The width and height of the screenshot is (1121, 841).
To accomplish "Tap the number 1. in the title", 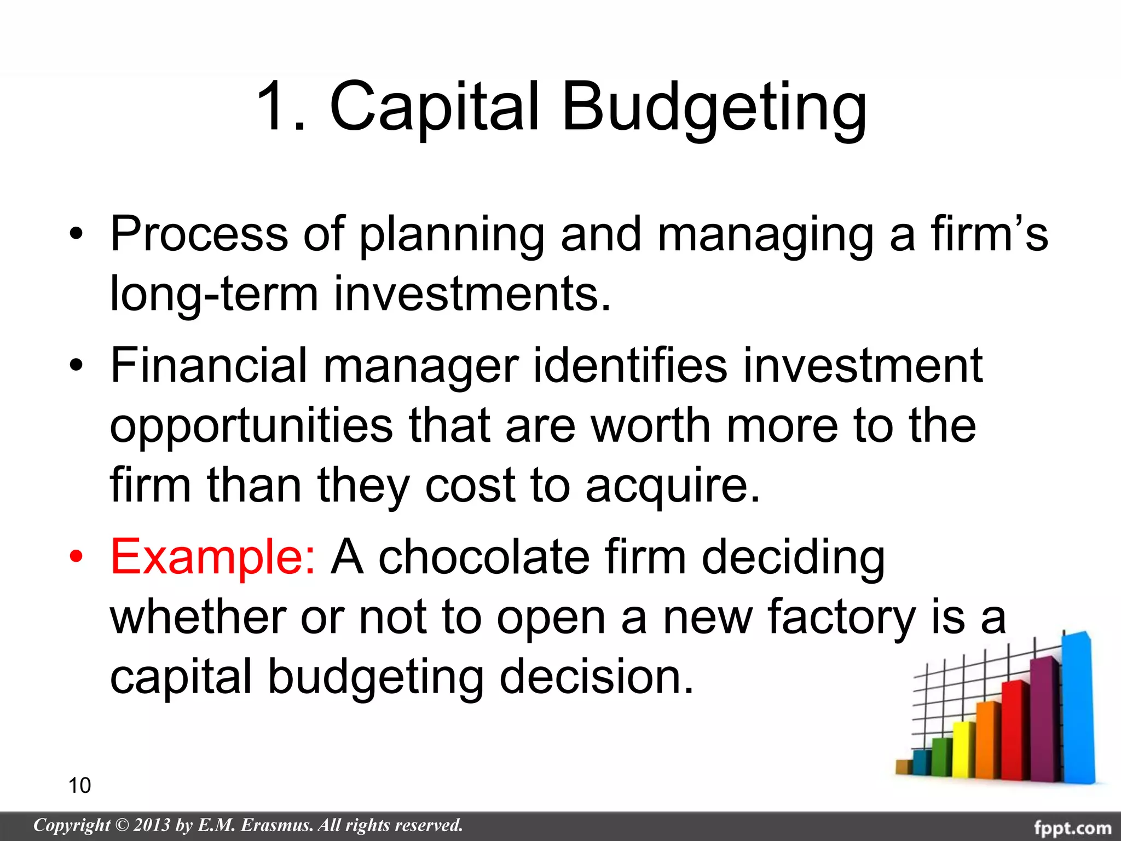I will tap(281, 107).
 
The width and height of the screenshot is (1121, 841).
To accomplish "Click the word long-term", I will tap(214, 295).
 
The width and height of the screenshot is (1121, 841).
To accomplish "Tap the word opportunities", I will tap(251, 427).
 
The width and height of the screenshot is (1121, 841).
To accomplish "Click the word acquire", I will tap(673, 486).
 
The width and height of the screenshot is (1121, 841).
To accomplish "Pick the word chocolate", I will tap(484, 557).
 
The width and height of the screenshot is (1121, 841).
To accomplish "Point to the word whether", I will tap(198, 617).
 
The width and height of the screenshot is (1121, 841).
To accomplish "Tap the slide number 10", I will tap(79, 785).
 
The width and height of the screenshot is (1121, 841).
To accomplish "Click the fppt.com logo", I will tap(1073, 827).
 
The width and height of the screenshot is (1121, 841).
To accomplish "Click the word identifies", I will tap(630, 365).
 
